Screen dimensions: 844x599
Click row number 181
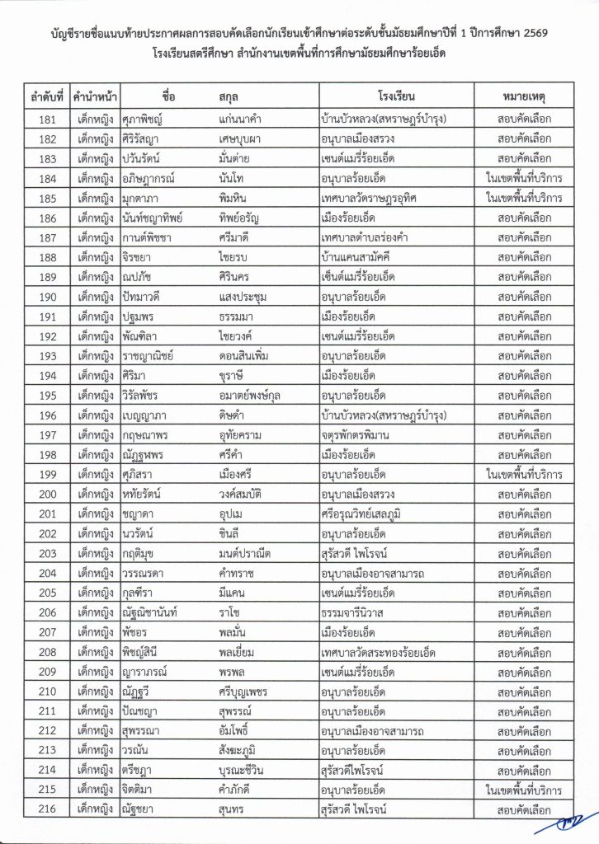[46, 120]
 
